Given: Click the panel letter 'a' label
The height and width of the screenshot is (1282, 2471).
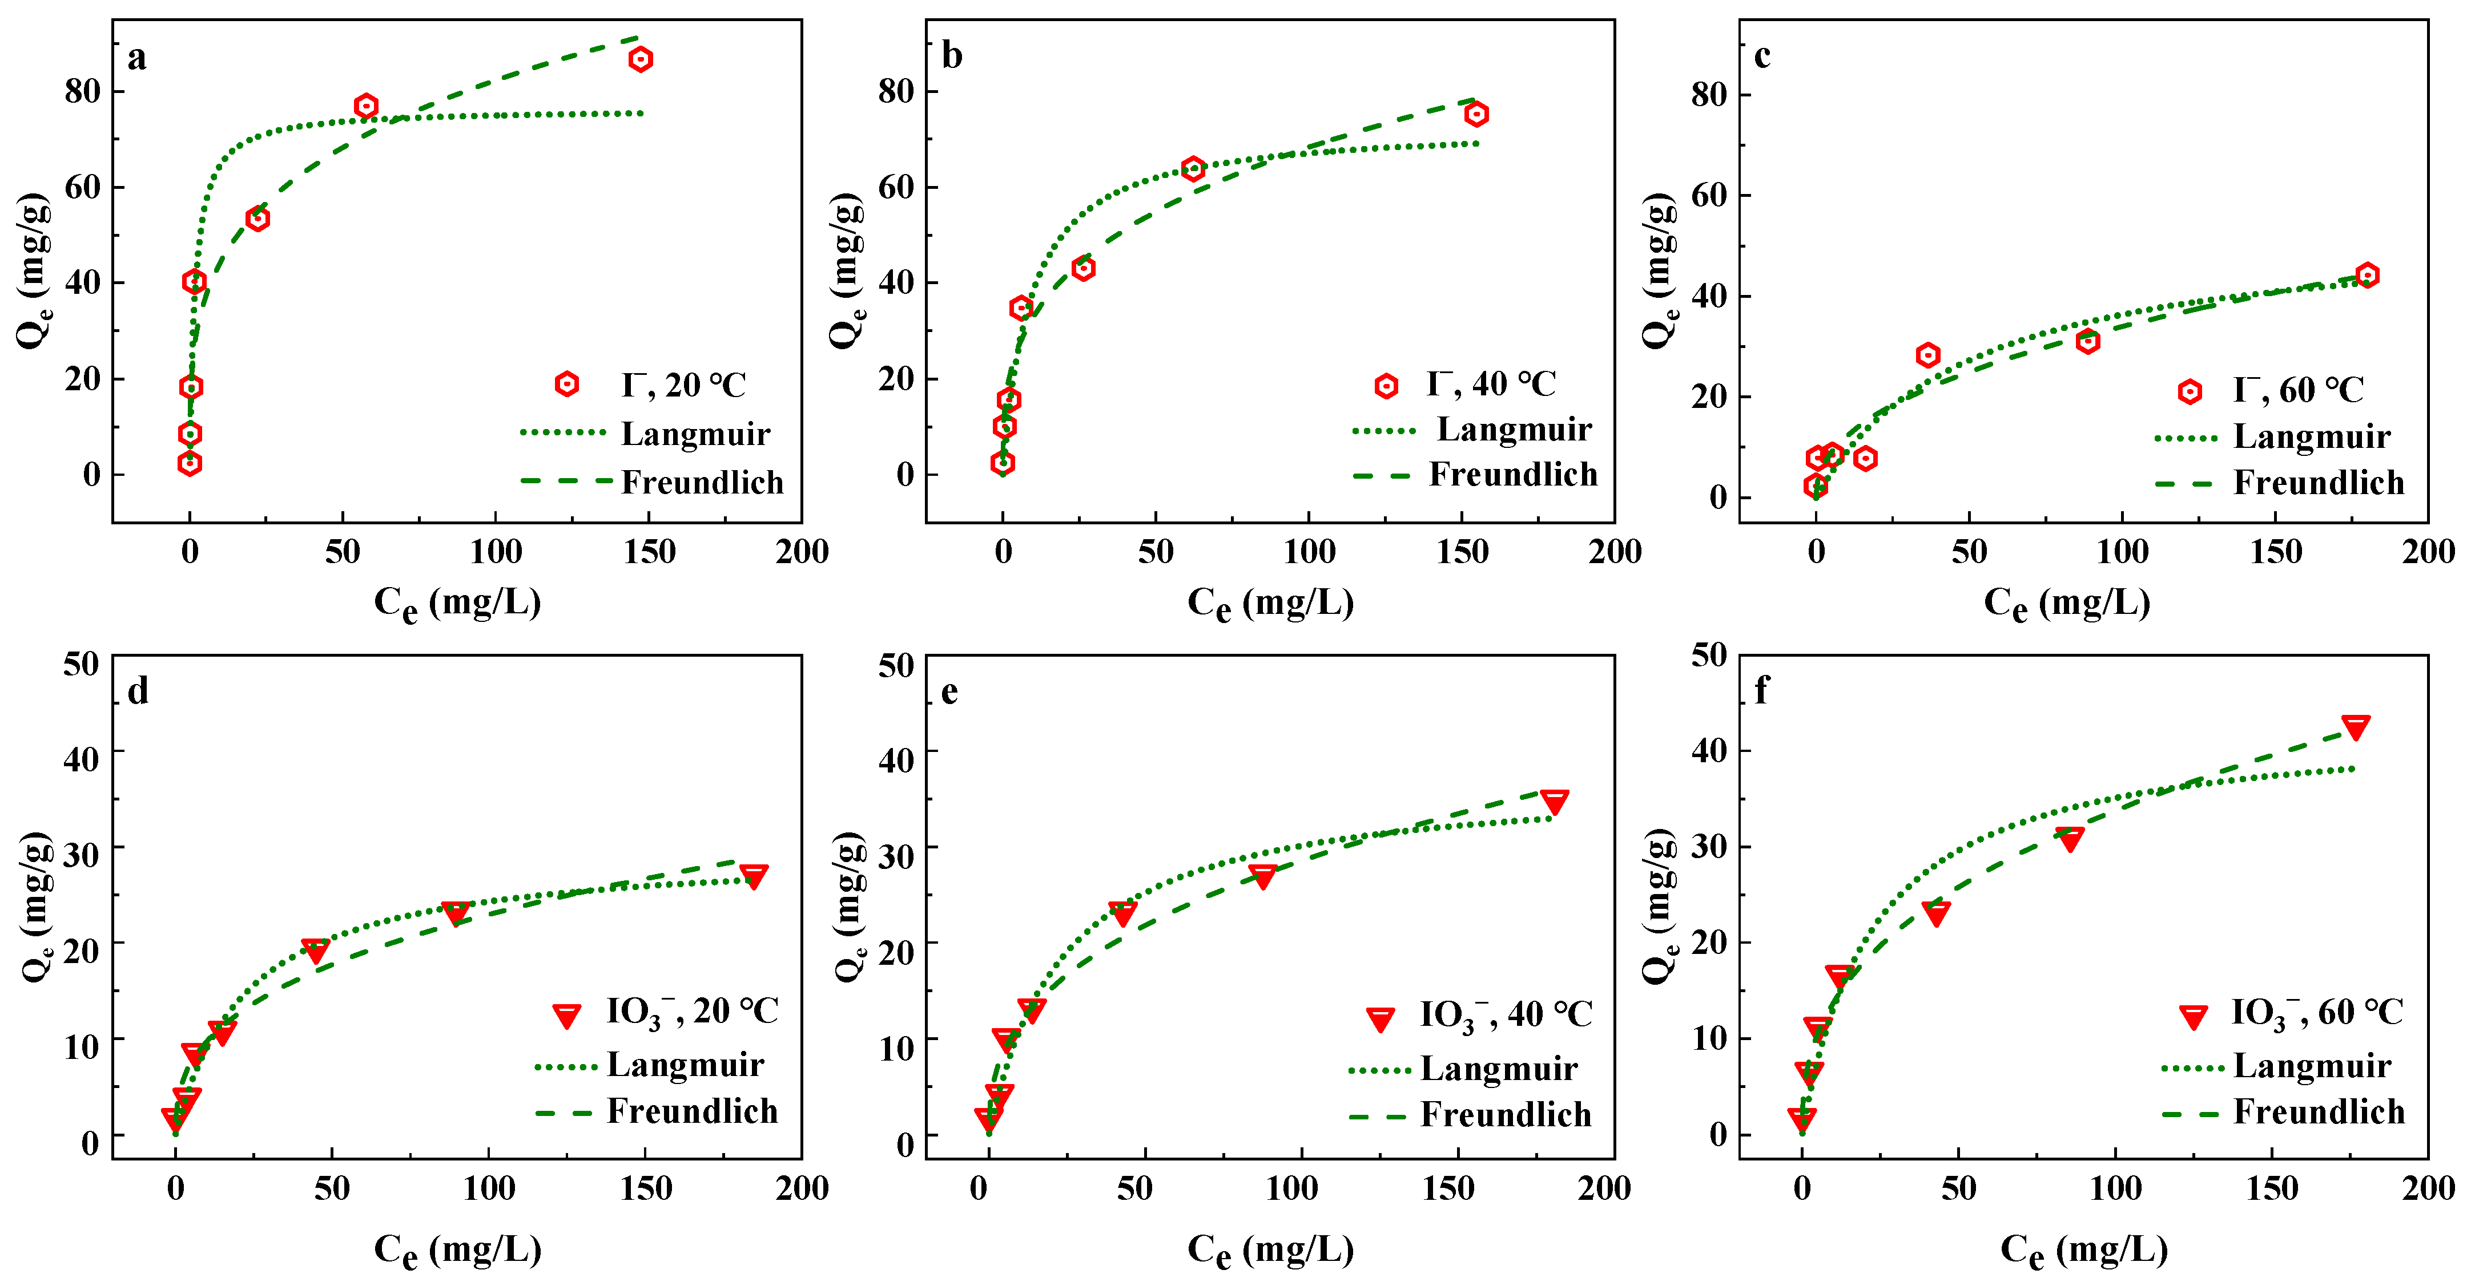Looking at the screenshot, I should click(x=137, y=58).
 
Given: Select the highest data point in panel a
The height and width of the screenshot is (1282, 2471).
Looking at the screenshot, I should click(x=641, y=59).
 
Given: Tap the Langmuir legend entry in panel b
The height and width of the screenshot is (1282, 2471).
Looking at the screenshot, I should click(x=1514, y=430).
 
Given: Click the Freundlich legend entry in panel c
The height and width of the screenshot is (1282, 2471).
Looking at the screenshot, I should click(x=2319, y=482).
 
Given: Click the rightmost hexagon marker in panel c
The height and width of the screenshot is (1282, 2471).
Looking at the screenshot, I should click(x=2368, y=275).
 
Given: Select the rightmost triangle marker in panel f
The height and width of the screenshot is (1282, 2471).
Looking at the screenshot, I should click(x=2356, y=726).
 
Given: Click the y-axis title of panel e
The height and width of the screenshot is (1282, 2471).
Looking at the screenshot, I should click(x=849, y=906).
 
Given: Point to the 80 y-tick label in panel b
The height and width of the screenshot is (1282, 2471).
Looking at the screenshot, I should click(x=896, y=91).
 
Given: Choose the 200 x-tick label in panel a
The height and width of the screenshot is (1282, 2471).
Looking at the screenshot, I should click(x=802, y=552).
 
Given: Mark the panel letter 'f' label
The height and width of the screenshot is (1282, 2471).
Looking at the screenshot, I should click(x=1761, y=690).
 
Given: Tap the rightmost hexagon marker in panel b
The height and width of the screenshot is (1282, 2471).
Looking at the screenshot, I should click(x=1476, y=114).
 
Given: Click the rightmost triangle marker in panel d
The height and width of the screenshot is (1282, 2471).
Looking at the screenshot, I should click(x=754, y=875).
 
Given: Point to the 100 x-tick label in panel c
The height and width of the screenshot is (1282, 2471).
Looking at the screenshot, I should click(x=2122, y=552).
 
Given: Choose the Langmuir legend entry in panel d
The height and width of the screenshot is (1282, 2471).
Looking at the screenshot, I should click(x=685, y=1065).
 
